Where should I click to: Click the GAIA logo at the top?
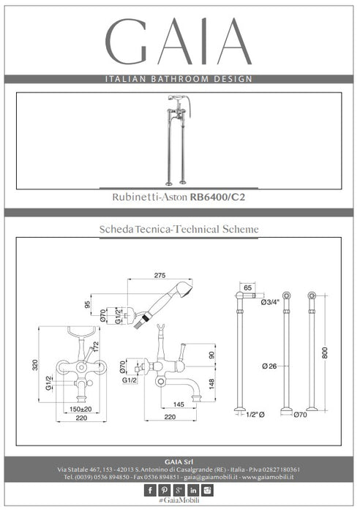(x=179, y=41)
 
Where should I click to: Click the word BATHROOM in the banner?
(x=179, y=79)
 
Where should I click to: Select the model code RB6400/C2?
(x=217, y=197)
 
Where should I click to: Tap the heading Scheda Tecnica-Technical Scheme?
(x=179, y=229)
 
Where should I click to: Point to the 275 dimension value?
(x=160, y=275)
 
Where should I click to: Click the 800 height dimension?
(x=324, y=353)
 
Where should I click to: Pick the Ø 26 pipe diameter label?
(x=269, y=366)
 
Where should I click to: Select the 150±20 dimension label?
(x=80, y=409)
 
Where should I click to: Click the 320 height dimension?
(x=35, y=365)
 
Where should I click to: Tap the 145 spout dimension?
(x=179, y=404)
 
